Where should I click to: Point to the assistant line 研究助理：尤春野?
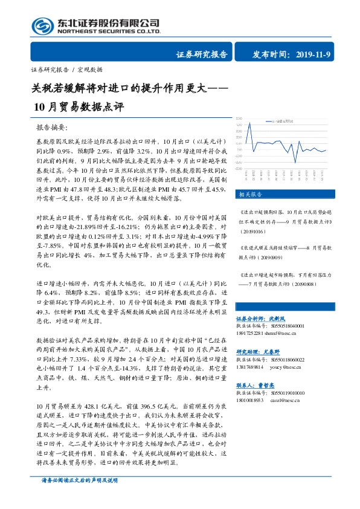tap(262, 351)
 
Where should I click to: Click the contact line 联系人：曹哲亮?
tap(259, 384)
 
